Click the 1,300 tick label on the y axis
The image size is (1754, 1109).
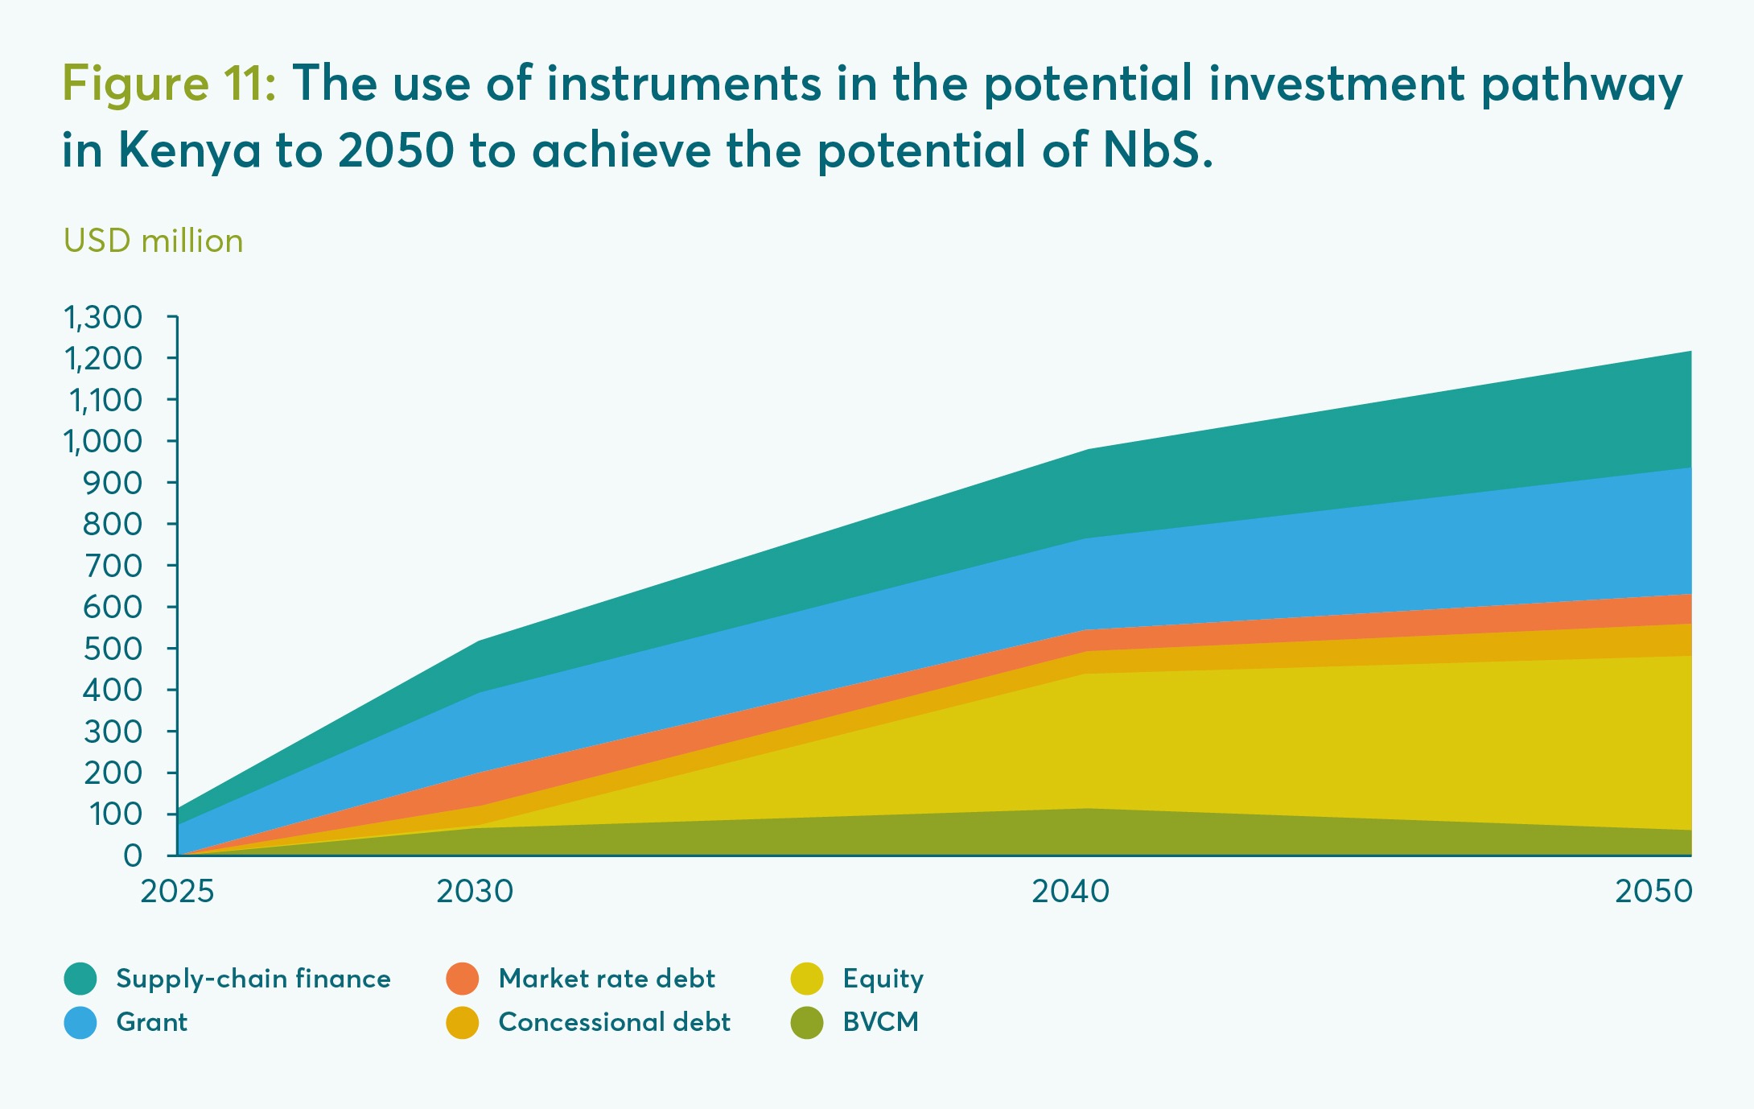coord(103,317)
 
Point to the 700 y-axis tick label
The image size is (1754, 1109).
coord(113,566)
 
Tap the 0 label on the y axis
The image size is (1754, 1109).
coord(133,855)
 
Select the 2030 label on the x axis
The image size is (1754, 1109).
coord(475,892)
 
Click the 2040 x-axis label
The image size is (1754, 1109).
coord(1070,892)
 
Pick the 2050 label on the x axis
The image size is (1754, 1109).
coord(1654,892)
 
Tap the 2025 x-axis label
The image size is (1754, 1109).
coord(177,892)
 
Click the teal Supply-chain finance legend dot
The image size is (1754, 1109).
coord(80,979)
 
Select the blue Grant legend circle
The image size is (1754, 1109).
coord(80,1022)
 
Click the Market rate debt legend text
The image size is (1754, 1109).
coord(607,979)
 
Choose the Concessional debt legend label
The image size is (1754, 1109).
coord(615,1022)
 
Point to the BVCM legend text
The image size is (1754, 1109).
coord(881,1022)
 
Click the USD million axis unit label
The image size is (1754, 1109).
coord(153,241)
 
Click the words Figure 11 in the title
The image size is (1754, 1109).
coord(170,83)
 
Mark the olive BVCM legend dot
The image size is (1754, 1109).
coord(807,1022)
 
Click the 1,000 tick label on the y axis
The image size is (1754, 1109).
coord(103,441)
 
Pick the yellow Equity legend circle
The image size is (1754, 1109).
coord(807,979)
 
